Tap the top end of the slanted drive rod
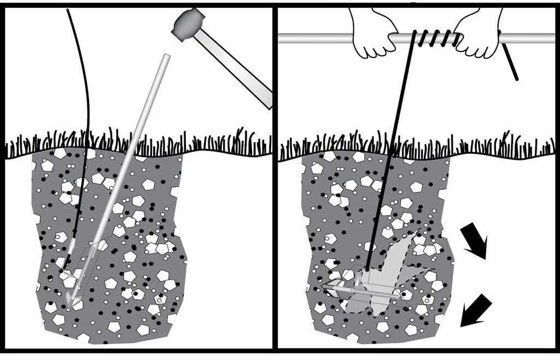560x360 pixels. pos(166,57)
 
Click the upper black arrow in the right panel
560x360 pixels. pos(474,241)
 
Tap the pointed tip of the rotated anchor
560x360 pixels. pos(324,286)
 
